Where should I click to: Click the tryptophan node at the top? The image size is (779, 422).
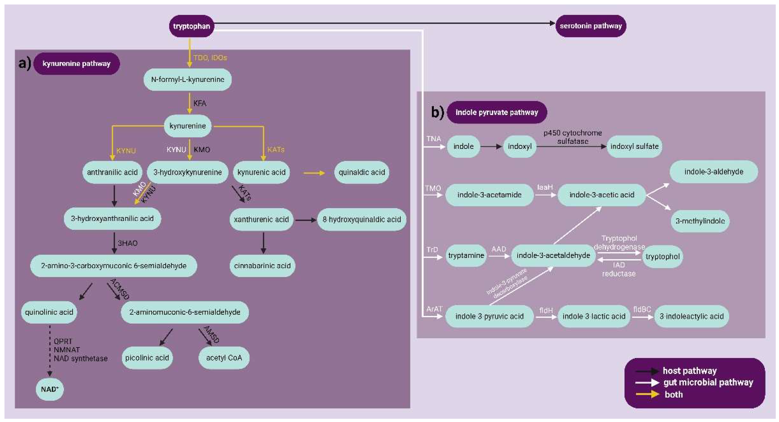[192, 26]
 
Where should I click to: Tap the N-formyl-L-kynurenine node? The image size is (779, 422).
[188, 79]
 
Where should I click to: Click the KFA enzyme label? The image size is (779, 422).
[199, 103]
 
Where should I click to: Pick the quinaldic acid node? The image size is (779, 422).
[361, 172]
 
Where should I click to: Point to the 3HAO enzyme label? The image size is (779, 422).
[127, 243]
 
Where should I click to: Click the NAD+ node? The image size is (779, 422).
[50, 389]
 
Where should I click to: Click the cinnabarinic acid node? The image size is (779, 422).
[262, 266]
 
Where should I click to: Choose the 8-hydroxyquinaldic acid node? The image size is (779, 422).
[361, 219]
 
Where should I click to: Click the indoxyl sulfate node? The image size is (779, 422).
[634, 146]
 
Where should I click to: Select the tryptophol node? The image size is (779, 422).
[662, 257]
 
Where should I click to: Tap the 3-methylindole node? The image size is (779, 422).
[700, 221]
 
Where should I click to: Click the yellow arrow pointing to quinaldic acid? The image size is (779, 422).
[314, 173]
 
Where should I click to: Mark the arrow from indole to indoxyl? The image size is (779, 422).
[491, 147]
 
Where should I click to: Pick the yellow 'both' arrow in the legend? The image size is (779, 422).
[647, 394]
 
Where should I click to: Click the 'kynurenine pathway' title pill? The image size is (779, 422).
[76, 64]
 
